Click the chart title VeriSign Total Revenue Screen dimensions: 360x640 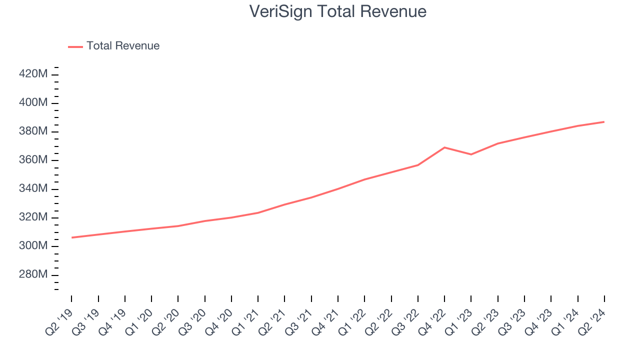pyautogui.click(x=338, y=11)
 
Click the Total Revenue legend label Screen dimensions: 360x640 pyautogui.click(x=123, y=46)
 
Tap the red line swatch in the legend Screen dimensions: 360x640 pyautogui.click(x=75, y=46)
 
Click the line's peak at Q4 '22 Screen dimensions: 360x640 pyautogui.click(x=444, y=147)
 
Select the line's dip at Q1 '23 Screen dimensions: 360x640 pyautogui.click(x=471, y=154)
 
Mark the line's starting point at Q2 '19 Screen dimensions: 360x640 pyautogui.click(x=71, y=237)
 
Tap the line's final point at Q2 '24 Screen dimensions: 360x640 pyautogui.click(x=604, y=121)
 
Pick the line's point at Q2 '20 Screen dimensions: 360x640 pyautogui.click(x=178, y=226)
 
